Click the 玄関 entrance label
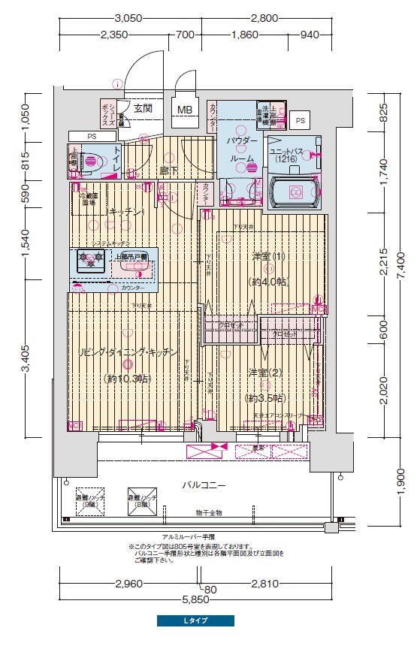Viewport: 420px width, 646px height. (x=143, y=108)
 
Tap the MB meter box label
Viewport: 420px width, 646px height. (x=184, y=110)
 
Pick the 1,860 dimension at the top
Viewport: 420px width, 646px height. (x=246, y=34)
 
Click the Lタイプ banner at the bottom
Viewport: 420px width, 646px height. (x=195, y=621)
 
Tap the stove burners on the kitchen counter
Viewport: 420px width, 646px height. (x=89, y=260)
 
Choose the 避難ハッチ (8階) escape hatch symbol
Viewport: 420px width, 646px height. (x=141, y=501)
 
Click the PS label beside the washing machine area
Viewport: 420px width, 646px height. (x=301, y=120)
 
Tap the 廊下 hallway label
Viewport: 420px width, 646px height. (x=168, y=171)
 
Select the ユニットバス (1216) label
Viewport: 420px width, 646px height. (x=286, y=155)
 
